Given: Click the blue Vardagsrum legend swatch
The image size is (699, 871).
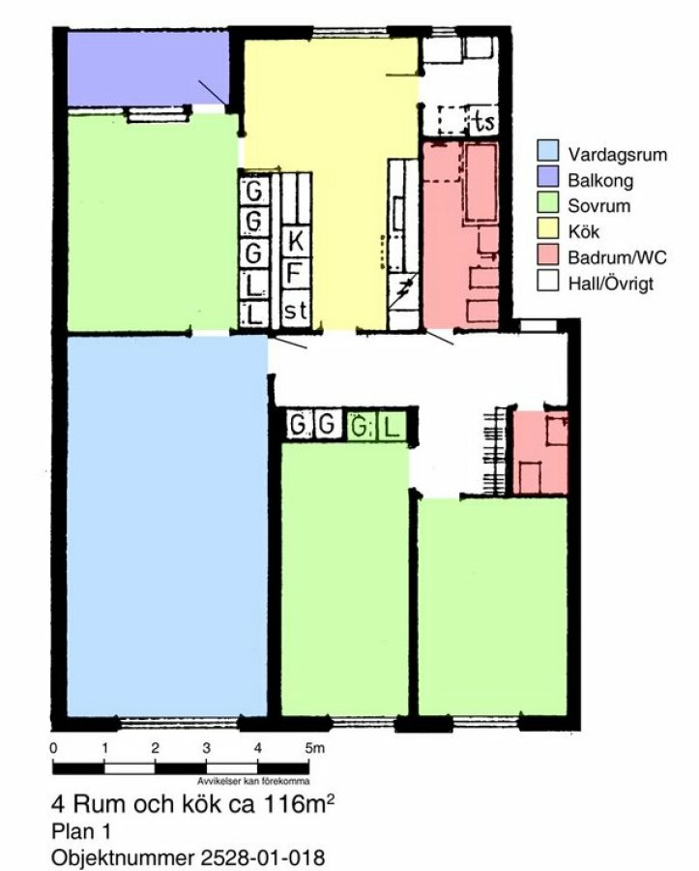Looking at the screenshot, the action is pyautogui.click(x=547, y=151).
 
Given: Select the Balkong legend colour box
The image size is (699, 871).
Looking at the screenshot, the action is pyautogui.click(x=547, y=177).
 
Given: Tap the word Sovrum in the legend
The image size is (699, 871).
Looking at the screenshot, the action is pyautogui.click(x=598, y=206).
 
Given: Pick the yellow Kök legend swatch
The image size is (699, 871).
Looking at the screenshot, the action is pyautogui.click(x=547, y=228).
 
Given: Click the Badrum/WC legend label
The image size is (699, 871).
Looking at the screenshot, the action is pyautogui.click(x=617, y=257).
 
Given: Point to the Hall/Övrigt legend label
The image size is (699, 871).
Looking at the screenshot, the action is pyautogui.click(x=610, y=284).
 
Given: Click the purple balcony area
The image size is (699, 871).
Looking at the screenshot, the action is pyautogui.click(x=148, y=68).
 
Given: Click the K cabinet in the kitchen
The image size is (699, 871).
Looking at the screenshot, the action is pyautogui.click(x=296, y=241).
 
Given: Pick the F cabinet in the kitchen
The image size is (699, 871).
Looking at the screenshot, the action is pyautogui.click(x=296, y=273).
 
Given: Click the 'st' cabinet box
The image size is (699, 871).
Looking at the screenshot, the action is pyautogui.click(x=296, y=310).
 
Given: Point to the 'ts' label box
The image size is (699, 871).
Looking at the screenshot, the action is pyautogui.click(x=483, y=121).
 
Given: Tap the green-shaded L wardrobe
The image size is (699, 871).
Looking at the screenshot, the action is pyautogui.click(x=392, y=427).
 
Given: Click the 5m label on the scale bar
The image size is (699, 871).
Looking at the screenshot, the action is pyautogui.click(x=314, y=748).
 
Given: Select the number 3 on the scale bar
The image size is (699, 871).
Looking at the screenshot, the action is pyautogui.click(x=206, y=748).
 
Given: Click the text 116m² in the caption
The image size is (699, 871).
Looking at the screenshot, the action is pyautogui.click(x=299, y=804).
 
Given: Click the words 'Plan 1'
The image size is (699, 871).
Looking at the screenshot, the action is pyautogui.click(x=81, y=831).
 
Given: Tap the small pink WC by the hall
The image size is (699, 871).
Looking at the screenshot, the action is pyautogui.click(x=540, y=453).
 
